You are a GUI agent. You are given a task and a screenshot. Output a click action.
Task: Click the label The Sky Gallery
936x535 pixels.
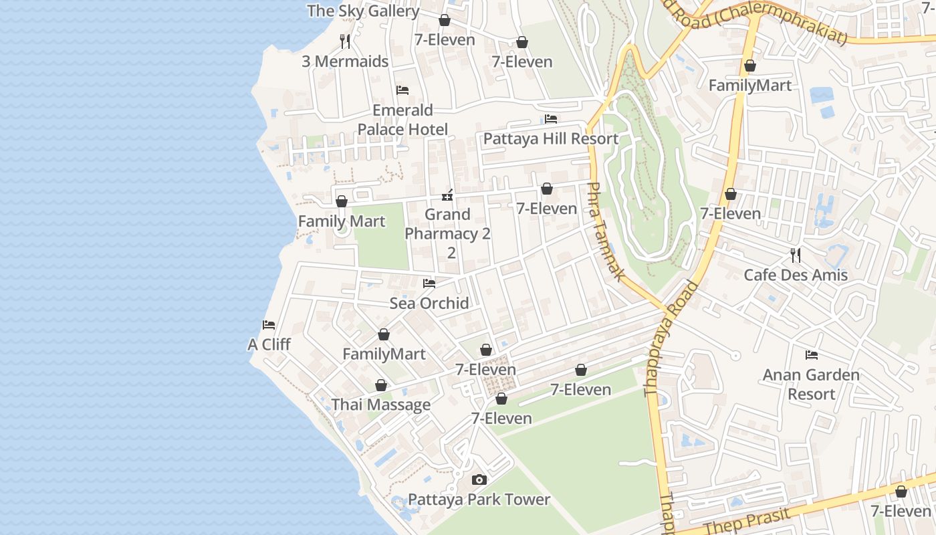(x=363, y=11)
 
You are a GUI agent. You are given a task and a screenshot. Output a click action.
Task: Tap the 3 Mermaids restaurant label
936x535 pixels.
(x=345, y=62)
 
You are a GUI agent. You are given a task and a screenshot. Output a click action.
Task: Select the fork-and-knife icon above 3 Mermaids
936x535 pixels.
(x=345, y=41)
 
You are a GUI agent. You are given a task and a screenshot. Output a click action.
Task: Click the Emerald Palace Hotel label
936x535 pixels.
(x=402, y=120)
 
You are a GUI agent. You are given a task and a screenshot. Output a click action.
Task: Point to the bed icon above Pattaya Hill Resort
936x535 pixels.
(x=551, y=119)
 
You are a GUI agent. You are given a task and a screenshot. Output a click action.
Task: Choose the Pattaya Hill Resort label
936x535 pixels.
(x=551, y=139)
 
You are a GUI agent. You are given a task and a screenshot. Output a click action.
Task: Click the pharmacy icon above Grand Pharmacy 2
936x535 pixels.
(x=447, y=195)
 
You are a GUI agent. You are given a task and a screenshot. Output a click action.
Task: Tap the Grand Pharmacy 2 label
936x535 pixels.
(x=448, y=233)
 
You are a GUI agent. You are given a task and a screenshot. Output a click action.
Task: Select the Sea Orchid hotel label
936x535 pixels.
(x=429, y=304)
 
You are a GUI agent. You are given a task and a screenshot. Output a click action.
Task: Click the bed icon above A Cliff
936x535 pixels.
(x=269, y=325)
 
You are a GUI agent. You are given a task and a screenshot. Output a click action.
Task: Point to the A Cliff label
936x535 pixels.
(x=269, y=344)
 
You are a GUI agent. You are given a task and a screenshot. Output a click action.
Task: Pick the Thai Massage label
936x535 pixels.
(x=381, y=405)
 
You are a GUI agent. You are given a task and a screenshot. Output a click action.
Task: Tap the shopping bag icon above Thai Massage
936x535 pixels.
(x=381, y=386)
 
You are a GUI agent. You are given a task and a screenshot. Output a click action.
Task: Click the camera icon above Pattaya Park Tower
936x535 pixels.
(x=479, y=479)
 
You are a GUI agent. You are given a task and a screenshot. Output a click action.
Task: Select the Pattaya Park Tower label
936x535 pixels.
(x=479, y=500)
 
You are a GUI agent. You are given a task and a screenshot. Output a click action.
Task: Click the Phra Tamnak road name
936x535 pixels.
(x=605, y=231)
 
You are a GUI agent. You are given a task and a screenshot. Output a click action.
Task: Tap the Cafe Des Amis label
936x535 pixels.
(x=796, y=275)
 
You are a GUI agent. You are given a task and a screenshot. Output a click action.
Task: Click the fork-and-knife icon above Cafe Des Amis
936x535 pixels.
(x=796, y=255)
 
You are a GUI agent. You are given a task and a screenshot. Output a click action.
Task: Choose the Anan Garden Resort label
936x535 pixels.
(x=812, y=385)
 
